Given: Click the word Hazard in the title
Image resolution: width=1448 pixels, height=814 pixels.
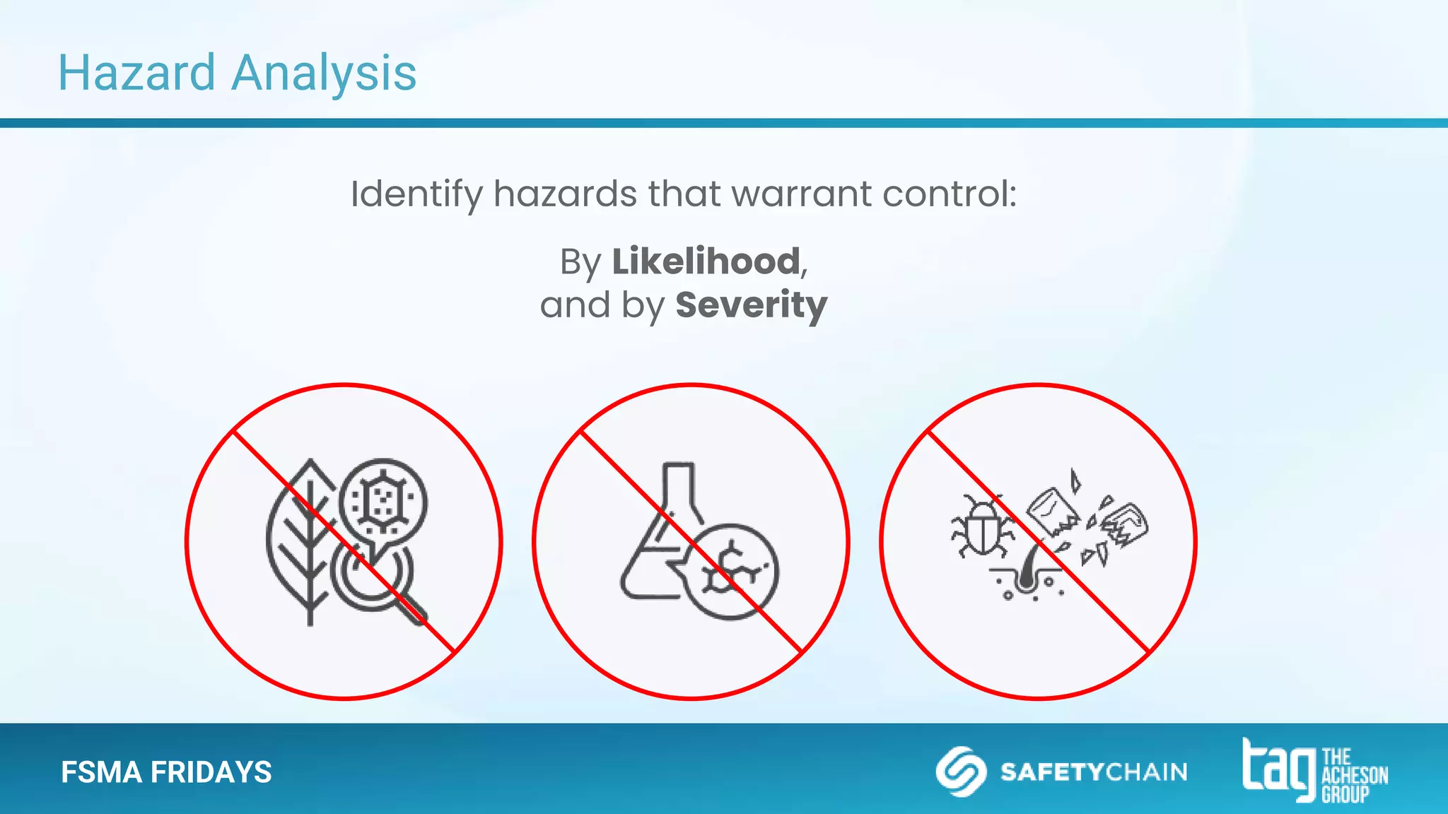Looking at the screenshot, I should (x=136, y=73).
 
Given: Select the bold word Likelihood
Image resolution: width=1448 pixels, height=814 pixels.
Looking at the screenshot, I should (x=706, y=261).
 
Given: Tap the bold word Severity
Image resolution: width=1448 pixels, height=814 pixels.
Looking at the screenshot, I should (x=751, y=305).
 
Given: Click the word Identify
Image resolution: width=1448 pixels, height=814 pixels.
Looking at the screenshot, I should (x=416, y=194).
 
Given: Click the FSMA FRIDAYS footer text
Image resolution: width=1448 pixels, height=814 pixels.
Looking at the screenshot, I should (x=166, y=772).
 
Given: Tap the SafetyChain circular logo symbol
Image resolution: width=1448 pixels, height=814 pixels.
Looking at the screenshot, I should (x=961, y=771).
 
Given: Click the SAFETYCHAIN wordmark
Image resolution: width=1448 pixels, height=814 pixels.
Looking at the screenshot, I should (x=1094, y=772).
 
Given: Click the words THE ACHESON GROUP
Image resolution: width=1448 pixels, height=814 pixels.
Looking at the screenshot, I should (x=1354, y=775).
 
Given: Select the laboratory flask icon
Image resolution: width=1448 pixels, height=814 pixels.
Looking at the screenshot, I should (x=661, y=537).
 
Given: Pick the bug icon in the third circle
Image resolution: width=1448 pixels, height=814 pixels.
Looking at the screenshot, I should (x=981, y=526).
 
